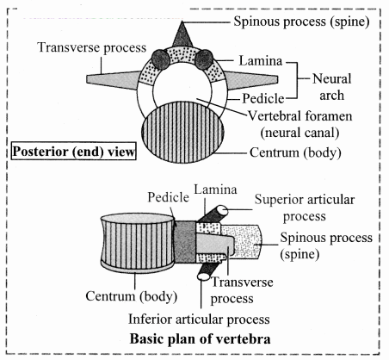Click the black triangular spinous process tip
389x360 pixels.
[x=182, y=36]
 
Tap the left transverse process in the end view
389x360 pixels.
[x=114, y=79]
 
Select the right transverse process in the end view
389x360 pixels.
[x=251, y=80]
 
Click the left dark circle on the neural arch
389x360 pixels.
[x=160, y=59]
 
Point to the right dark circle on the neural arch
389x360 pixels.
[x=204, y=59]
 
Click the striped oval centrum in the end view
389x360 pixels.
[x=182, y=132]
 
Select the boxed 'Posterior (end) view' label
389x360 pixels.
[x=73, y=151]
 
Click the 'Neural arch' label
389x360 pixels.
[x=331, y=87]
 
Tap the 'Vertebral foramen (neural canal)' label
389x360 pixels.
[x=299, y=124]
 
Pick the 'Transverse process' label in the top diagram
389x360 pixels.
[x=92, y=47]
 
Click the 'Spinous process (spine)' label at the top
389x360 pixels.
[x=301, y=22]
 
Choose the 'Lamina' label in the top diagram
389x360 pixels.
[x=261, y=61]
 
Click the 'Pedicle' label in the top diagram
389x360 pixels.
[x=263, y=98]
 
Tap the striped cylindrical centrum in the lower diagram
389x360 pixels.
[x=138, y=242]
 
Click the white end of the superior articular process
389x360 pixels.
[x=222, y=211]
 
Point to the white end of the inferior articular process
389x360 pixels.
[x=203, y=276]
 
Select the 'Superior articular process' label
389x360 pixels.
[x=305, y=208]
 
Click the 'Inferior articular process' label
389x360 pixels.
[x=199, y=320]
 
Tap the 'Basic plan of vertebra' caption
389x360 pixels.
[x=200, y=338]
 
